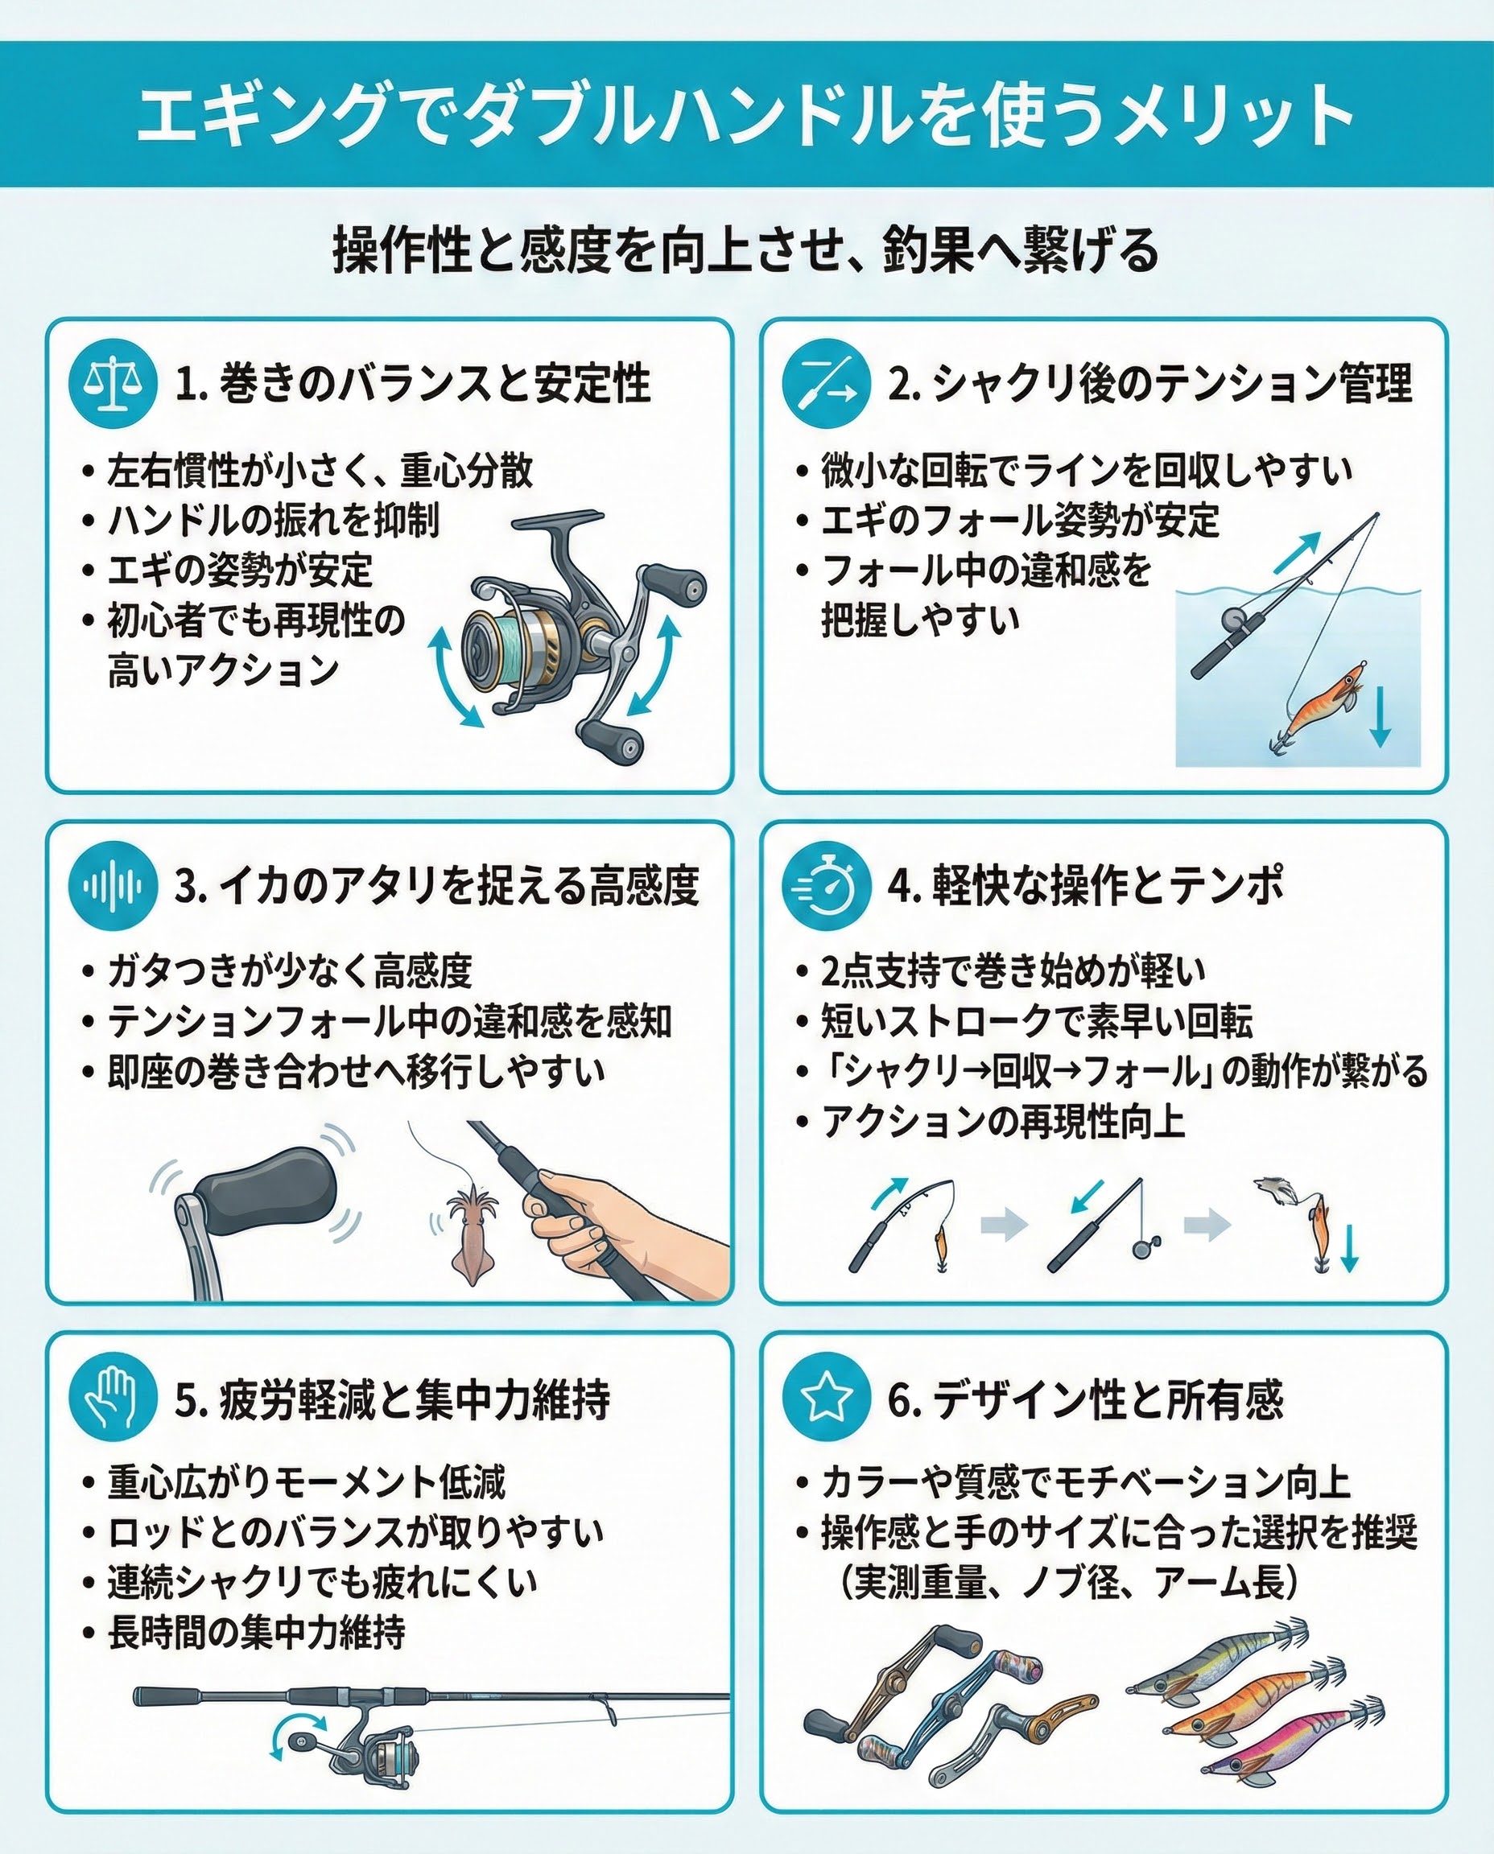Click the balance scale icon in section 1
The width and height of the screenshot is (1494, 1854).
point(113,385)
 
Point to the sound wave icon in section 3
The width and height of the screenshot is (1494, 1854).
point(113,886)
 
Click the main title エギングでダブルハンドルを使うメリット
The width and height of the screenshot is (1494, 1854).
point(745,114)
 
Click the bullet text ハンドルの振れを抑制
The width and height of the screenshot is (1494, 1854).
point(273,521)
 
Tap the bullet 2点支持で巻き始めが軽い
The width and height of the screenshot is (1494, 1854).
point(1013,971)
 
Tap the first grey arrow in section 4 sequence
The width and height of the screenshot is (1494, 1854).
point(1005,1223)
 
